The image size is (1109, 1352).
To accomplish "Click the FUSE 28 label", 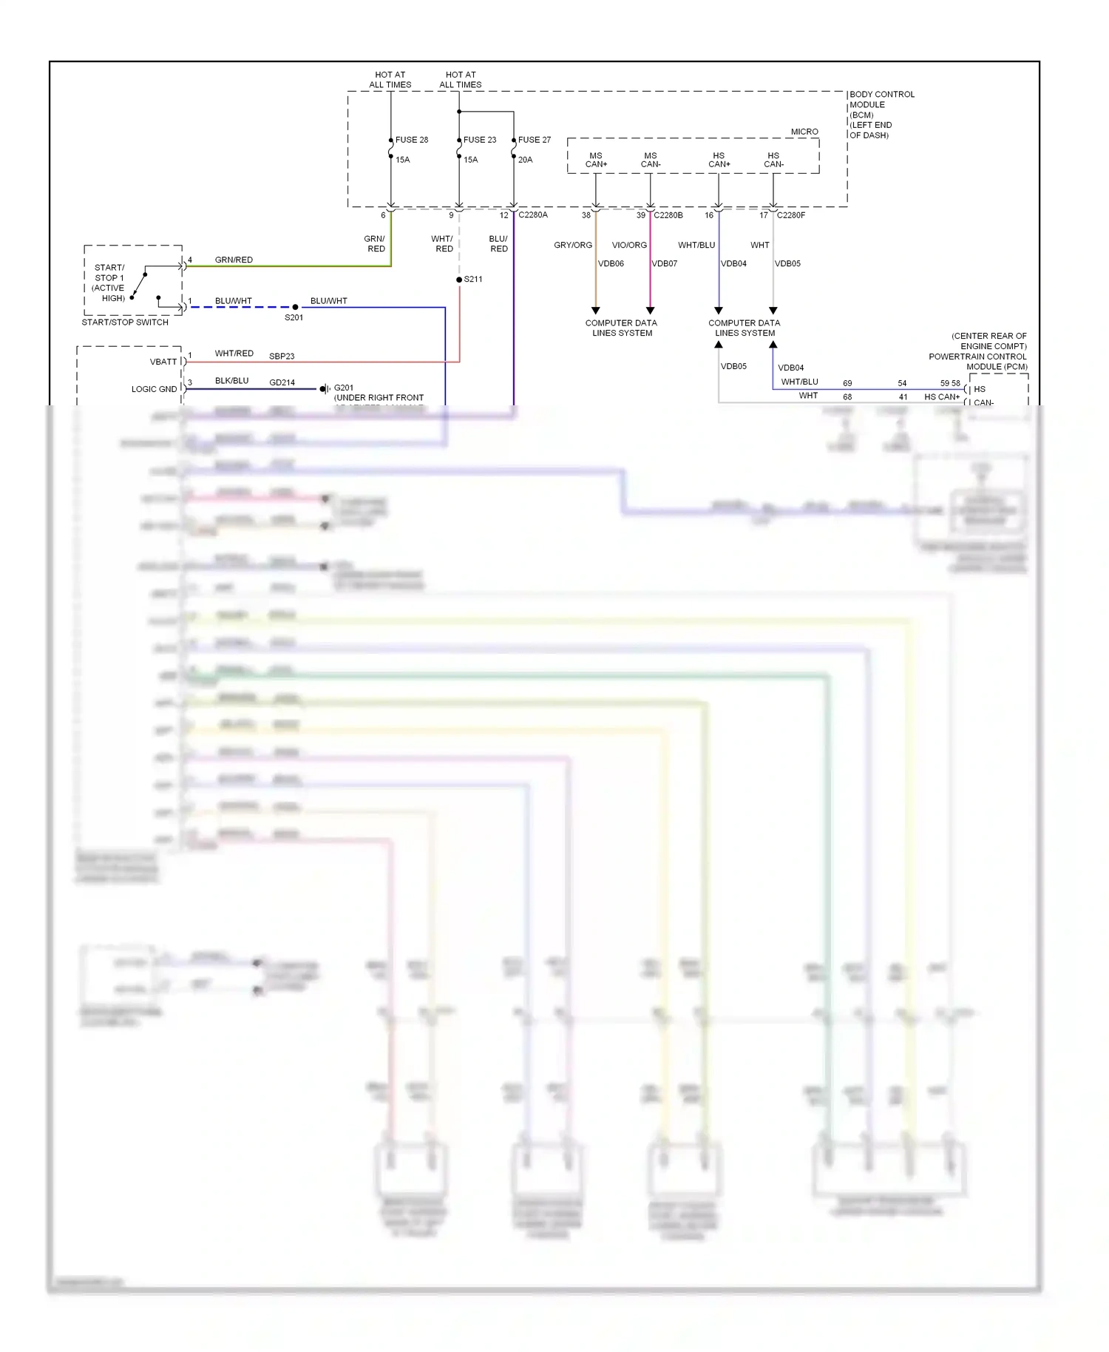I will point(411,140).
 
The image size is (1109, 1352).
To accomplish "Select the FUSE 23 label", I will point(480,140).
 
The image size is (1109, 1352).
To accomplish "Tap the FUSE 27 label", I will point(535,140).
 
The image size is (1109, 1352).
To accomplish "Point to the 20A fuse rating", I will point(525,160).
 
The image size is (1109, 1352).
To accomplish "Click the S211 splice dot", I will point(459,280).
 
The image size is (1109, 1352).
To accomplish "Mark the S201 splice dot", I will point(295,307).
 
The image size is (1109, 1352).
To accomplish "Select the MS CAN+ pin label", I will point(596,160).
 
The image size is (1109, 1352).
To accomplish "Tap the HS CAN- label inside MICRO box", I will point(773,160).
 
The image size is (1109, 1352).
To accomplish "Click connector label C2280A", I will point(533,215).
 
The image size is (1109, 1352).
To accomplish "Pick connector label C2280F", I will point(790,215).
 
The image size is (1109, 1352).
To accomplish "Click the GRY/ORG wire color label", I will point(573,245).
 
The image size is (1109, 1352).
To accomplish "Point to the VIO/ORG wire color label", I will point(629,245).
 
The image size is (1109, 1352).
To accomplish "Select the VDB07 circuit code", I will point(664,263).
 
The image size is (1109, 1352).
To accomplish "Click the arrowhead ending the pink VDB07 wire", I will point(650,311).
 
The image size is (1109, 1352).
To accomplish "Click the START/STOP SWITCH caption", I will point(125,322).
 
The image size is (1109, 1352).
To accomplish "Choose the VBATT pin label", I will point(163,362).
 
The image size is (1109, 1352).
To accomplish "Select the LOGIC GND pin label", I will point(154,389).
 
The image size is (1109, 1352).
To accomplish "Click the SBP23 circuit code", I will point(282,356).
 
